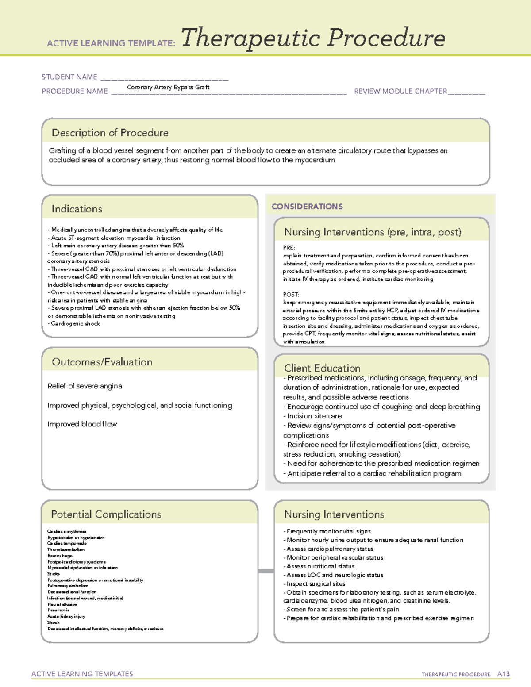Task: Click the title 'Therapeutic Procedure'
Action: click(313, 38)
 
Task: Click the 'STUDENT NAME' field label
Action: click(69, 77)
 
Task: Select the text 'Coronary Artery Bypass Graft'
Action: click(168, 87)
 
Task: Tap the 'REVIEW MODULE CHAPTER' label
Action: click(400, 91)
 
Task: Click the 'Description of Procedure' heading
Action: click(110, 133)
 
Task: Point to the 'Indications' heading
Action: click(77, 209)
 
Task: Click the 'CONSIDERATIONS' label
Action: click(307, 207)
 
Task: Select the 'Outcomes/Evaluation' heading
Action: click(102, 362)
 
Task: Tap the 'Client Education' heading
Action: click(322, 368)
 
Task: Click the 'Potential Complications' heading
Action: click(106, 514)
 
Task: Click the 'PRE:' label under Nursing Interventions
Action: click(289, 248)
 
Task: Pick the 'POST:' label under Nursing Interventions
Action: click(291, 295)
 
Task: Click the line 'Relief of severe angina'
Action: click(85, 386)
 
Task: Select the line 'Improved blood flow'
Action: click(82, 424)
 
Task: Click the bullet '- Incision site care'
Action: click(312, 416)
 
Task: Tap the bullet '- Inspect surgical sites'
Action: click(314, 584)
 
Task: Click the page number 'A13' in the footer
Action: click(503, 674)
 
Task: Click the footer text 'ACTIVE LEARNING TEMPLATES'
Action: click(82, 674)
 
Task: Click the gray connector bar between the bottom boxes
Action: click(266, 571)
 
